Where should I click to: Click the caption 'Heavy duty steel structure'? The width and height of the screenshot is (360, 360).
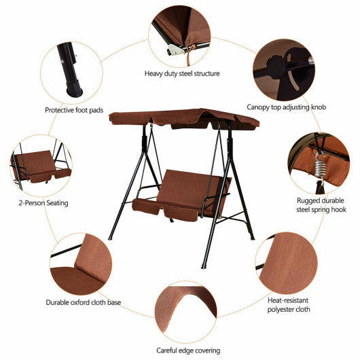[181, 73]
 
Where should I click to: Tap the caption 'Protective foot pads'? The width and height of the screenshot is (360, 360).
[74, 109]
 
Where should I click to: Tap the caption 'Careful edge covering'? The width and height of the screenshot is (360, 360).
[188, 350]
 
